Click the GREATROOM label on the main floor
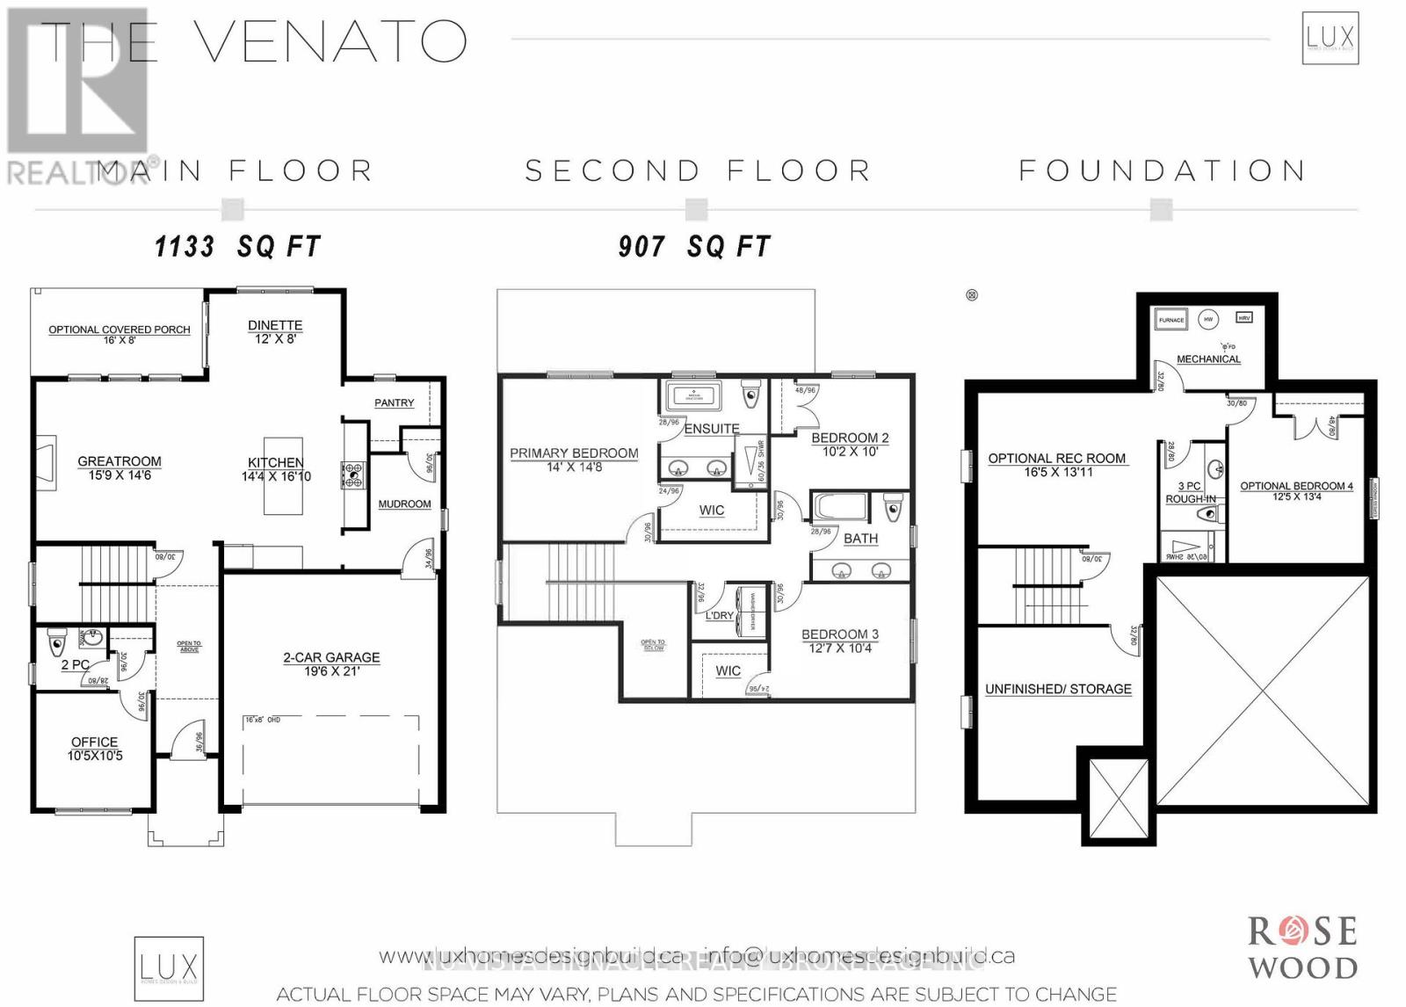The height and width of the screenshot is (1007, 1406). click(x=120, y=461)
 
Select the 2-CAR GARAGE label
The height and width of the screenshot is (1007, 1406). click(x=331, y=657)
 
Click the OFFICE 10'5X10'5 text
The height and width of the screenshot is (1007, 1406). click(x=95, y=749)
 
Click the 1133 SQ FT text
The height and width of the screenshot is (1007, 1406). click(x=238, y=247)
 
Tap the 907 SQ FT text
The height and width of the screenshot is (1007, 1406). click(x=694, y=247)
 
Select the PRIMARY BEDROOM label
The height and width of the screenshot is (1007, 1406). click(x=574, y=453)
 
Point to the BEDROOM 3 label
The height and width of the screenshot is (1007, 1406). click(x=839, y=634)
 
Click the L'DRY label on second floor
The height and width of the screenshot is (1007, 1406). click(x=719, y=615)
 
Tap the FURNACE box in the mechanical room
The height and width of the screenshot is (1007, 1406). click(x=1171, y=321)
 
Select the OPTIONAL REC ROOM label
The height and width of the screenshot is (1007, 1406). click(x=1056, y=459)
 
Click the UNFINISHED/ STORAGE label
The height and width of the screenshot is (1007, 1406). click(x=1058, y=689)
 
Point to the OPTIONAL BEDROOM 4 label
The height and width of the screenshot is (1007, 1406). click(x=1296, y=486)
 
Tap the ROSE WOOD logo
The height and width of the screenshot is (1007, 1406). click(x=1303, y=948)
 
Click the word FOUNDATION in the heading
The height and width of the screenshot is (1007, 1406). click(x=1162, y=170)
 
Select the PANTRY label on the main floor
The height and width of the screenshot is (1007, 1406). click(x=394, y=402)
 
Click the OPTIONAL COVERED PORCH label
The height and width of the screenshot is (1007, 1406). click(x=119, y=330)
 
